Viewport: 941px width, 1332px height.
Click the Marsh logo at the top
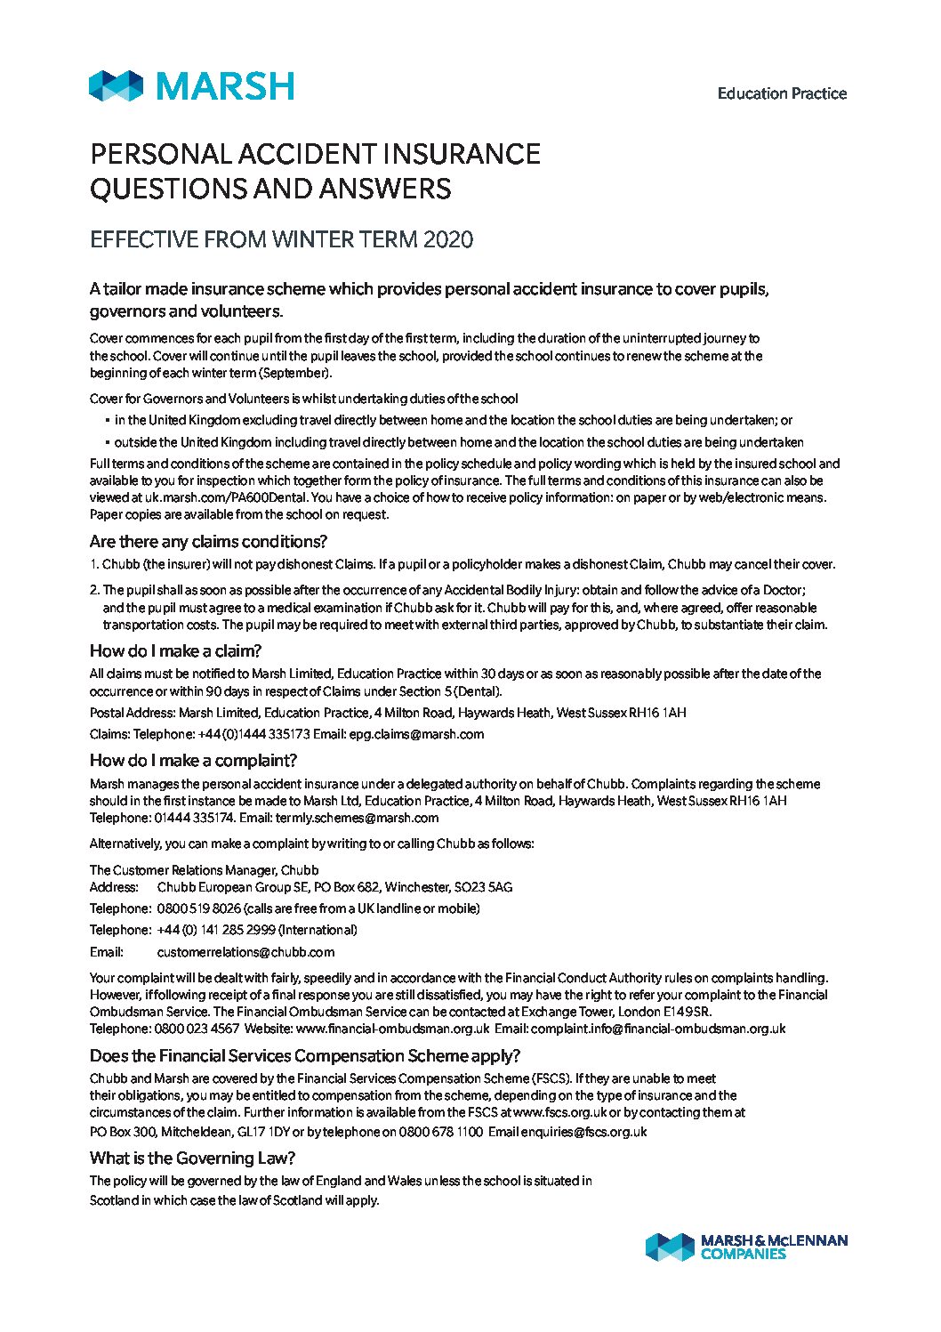click(191, 86)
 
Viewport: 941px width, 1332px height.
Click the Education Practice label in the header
click(782, 93)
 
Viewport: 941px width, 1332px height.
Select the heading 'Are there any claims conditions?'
click(208, 541)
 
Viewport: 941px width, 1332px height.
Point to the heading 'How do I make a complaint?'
click(193, 760)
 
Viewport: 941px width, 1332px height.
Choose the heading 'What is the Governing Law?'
click(192, 1158)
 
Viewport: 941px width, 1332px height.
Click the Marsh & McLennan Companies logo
click(746, 1246)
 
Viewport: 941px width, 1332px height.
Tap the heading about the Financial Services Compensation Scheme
click(304, 1055)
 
